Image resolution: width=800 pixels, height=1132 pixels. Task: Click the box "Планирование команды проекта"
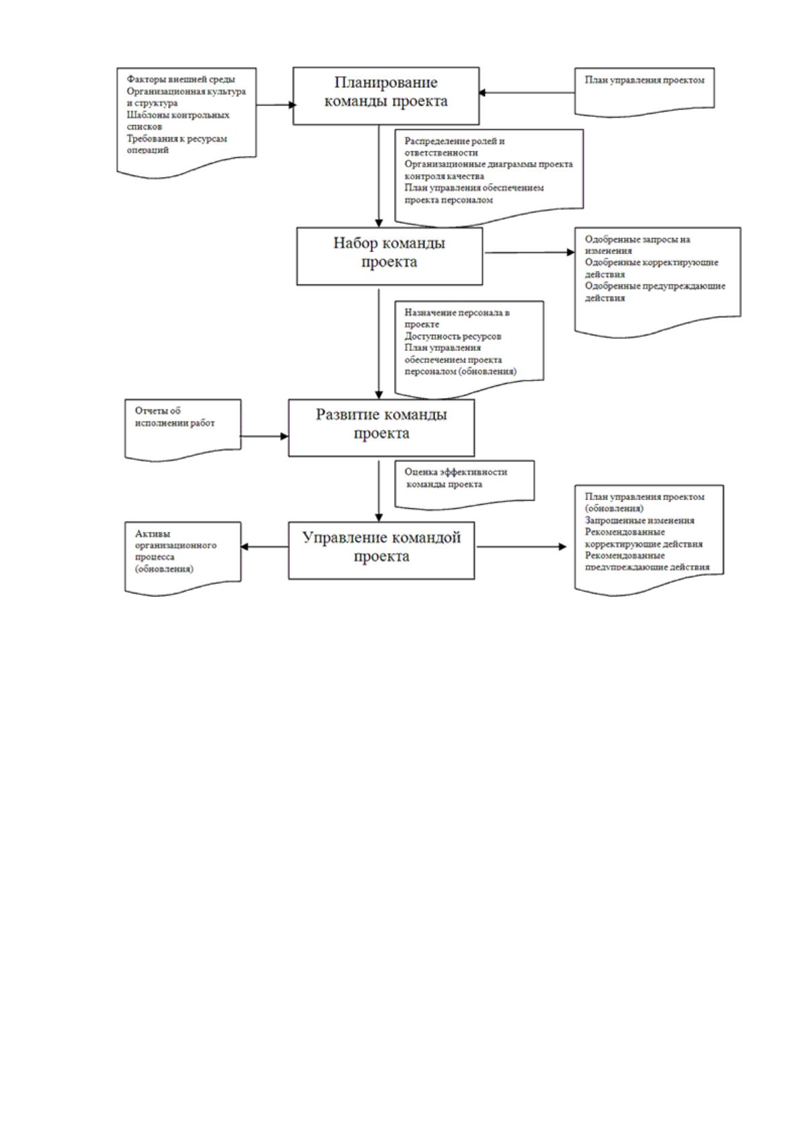click(386, 96)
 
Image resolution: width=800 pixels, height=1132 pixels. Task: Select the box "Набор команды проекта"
click(390, 256)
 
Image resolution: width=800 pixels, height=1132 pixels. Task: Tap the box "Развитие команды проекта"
click(382, 428)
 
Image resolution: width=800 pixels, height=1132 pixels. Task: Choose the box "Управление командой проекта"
click(382, 551)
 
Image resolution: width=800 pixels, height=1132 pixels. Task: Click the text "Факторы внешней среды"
click(181, 79)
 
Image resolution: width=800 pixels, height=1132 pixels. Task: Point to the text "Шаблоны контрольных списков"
click(178, 121)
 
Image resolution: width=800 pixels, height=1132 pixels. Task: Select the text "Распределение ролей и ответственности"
click(455, 147)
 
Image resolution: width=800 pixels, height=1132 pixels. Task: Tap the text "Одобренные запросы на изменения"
click(637, 245)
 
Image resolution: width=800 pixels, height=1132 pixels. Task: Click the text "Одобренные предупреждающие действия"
click(655, 292)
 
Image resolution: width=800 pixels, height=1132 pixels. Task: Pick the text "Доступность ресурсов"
click(453, 336)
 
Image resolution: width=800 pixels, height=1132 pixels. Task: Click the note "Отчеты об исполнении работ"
click(183, 430)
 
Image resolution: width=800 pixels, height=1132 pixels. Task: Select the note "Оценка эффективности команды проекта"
click(464, 484)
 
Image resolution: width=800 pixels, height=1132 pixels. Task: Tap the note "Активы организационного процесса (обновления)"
click(183, 559)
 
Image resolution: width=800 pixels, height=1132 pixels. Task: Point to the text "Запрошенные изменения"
click(639, 520)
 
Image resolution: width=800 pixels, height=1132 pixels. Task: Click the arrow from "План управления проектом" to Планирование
click(527, 93)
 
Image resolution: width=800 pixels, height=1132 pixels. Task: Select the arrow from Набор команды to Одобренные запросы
click(529, 252)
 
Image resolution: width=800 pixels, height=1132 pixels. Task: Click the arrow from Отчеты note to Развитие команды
click(264, 436)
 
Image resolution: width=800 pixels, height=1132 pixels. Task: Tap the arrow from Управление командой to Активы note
click(265, 547)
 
